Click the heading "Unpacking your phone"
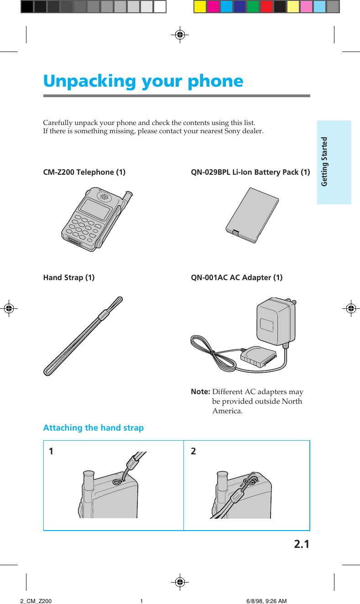(x=143, y=81)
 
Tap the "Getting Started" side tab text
(x=324, y=161)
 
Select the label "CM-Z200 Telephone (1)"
(x=84, y=172)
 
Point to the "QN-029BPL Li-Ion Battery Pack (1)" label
(x=250, y=172)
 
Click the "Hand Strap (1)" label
(x=69, y=277)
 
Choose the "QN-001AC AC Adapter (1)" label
(x=236, y=277)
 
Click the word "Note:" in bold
(x=200, y=392)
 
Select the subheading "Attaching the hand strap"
(x=93, y=428)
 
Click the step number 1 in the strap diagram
(x=51, y=452)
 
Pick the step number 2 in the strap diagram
(x=193, y=452)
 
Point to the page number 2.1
(x=301, y=544)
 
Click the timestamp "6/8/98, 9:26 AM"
(x=266, y=601)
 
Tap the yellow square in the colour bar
(x=200, y=6)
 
